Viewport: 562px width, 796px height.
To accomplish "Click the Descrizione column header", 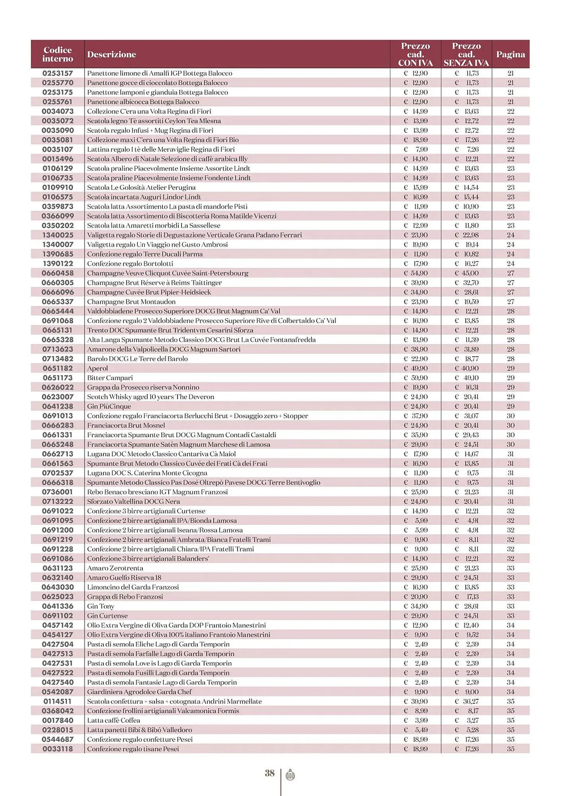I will click(x=111, y=55).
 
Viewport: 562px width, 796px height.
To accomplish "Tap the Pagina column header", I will click(x=510, y=55).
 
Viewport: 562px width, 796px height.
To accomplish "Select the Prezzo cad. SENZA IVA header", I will click(x=466, y=55).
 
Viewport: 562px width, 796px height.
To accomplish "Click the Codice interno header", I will click(x=58, y=55).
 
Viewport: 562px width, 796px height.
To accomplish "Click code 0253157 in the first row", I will click(x=58, y=73).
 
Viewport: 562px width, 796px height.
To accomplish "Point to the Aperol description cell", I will click(x=98, y=369).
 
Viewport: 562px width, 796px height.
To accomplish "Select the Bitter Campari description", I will click(x=110, y=378).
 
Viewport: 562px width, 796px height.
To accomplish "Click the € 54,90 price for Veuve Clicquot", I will click(x=416, y=273).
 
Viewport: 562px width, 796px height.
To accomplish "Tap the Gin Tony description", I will click(x=101, y=606).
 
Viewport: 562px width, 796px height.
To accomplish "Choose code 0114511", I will click(x=58, y=701).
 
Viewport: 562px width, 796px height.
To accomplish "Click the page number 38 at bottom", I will click(x=270, y=773).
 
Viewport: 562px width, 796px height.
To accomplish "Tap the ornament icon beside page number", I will click(x=290, y=775).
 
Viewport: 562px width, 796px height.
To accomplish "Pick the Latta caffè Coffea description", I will click(x=113, y=720).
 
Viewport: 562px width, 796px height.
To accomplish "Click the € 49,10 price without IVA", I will click(x=466, y=378).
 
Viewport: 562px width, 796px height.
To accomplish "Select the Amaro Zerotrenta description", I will click(x=115, y=568).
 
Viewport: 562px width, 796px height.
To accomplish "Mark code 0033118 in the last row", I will click(x=58, y=749).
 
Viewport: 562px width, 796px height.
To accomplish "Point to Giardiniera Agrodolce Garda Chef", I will click(x=139, y=692).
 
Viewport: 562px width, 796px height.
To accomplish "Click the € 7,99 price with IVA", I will click(x=416, y=149).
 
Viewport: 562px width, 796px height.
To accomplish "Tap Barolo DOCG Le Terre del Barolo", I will click(x=137, y=359).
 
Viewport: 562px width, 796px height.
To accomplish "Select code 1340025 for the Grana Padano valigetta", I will click(x=58, y=235).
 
